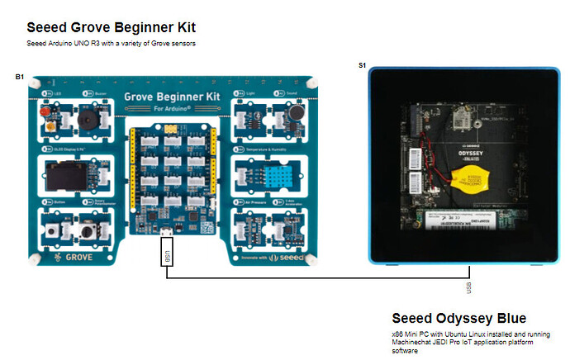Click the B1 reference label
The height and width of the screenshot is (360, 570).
point(19,77)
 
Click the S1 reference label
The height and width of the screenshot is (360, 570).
point(362,65)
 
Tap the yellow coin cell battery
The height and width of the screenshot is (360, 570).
point(465,174)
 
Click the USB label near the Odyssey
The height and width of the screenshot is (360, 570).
point(469,286)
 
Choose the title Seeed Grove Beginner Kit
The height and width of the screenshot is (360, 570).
point(111,27)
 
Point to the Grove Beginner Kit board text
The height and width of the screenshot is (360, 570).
point(172,97)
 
